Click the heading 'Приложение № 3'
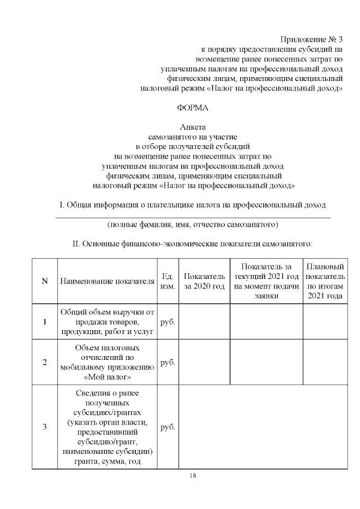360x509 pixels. point(311,39)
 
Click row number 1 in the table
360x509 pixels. point(44,322)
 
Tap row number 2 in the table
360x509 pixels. point(44,362)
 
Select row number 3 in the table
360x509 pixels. point(44,426)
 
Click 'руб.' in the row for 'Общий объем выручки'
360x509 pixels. point(168,322)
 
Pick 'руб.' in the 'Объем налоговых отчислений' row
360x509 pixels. point(168,362)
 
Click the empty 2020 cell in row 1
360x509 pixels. point(204,322)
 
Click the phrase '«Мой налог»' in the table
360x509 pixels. point(107,376)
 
